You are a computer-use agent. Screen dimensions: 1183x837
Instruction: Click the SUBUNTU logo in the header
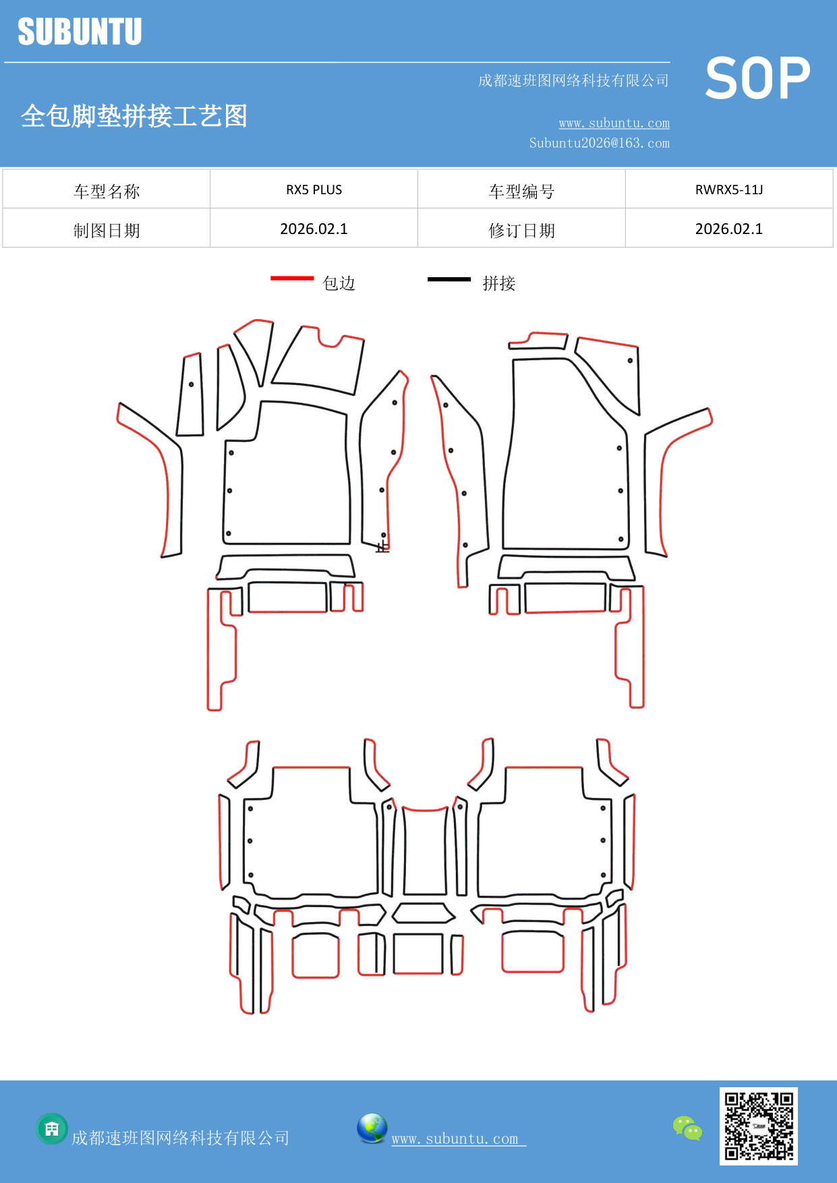click(80, 32)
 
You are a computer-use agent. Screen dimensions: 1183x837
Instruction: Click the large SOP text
click(757, 78)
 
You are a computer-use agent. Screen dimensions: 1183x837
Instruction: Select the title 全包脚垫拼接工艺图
click(134, 116)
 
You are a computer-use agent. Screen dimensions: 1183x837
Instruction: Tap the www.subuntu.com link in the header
click(614, 123)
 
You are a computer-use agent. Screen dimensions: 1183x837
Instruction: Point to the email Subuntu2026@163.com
click(599, 143)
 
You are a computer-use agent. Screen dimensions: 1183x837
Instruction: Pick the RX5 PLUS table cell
click(314, 190)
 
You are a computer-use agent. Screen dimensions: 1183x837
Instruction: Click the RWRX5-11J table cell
click(728, 190)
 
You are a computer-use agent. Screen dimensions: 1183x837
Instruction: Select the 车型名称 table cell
click(107, 192)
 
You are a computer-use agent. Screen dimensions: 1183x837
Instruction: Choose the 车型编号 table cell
click(521, 192)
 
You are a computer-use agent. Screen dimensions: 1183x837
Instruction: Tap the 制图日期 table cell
click(107, 231)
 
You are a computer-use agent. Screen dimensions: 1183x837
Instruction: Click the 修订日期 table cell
click(521, 231)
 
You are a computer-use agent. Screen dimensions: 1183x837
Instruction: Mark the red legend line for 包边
click(292, 278)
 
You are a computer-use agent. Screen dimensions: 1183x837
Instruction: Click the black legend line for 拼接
click(449, 279)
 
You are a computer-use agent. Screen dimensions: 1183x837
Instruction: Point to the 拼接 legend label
click(498, 283)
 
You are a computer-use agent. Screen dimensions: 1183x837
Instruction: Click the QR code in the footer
click(758, 1126)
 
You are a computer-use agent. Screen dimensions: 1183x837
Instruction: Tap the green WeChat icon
click(687, 1128)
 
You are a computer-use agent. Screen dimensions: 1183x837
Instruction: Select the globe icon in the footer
click(372, 1128)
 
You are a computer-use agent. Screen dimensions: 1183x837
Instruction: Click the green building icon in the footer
click(52, 1129)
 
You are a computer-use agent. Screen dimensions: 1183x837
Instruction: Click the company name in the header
click(573, 81)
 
